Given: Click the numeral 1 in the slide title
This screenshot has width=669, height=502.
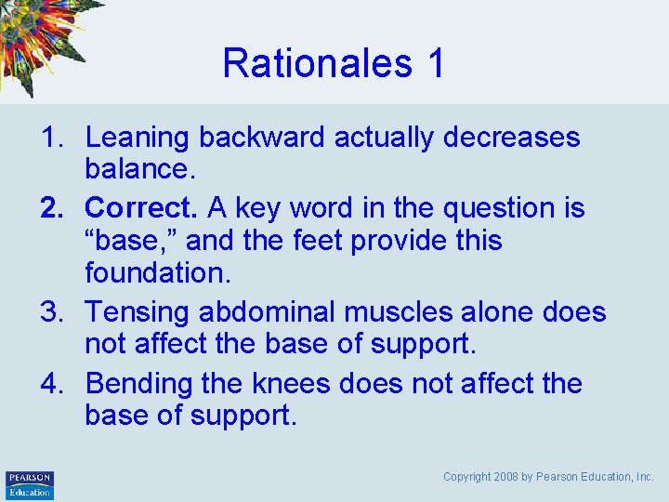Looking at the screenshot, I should (x=435, y=63).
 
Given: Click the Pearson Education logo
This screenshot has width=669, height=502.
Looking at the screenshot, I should (x=29, y=484).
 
